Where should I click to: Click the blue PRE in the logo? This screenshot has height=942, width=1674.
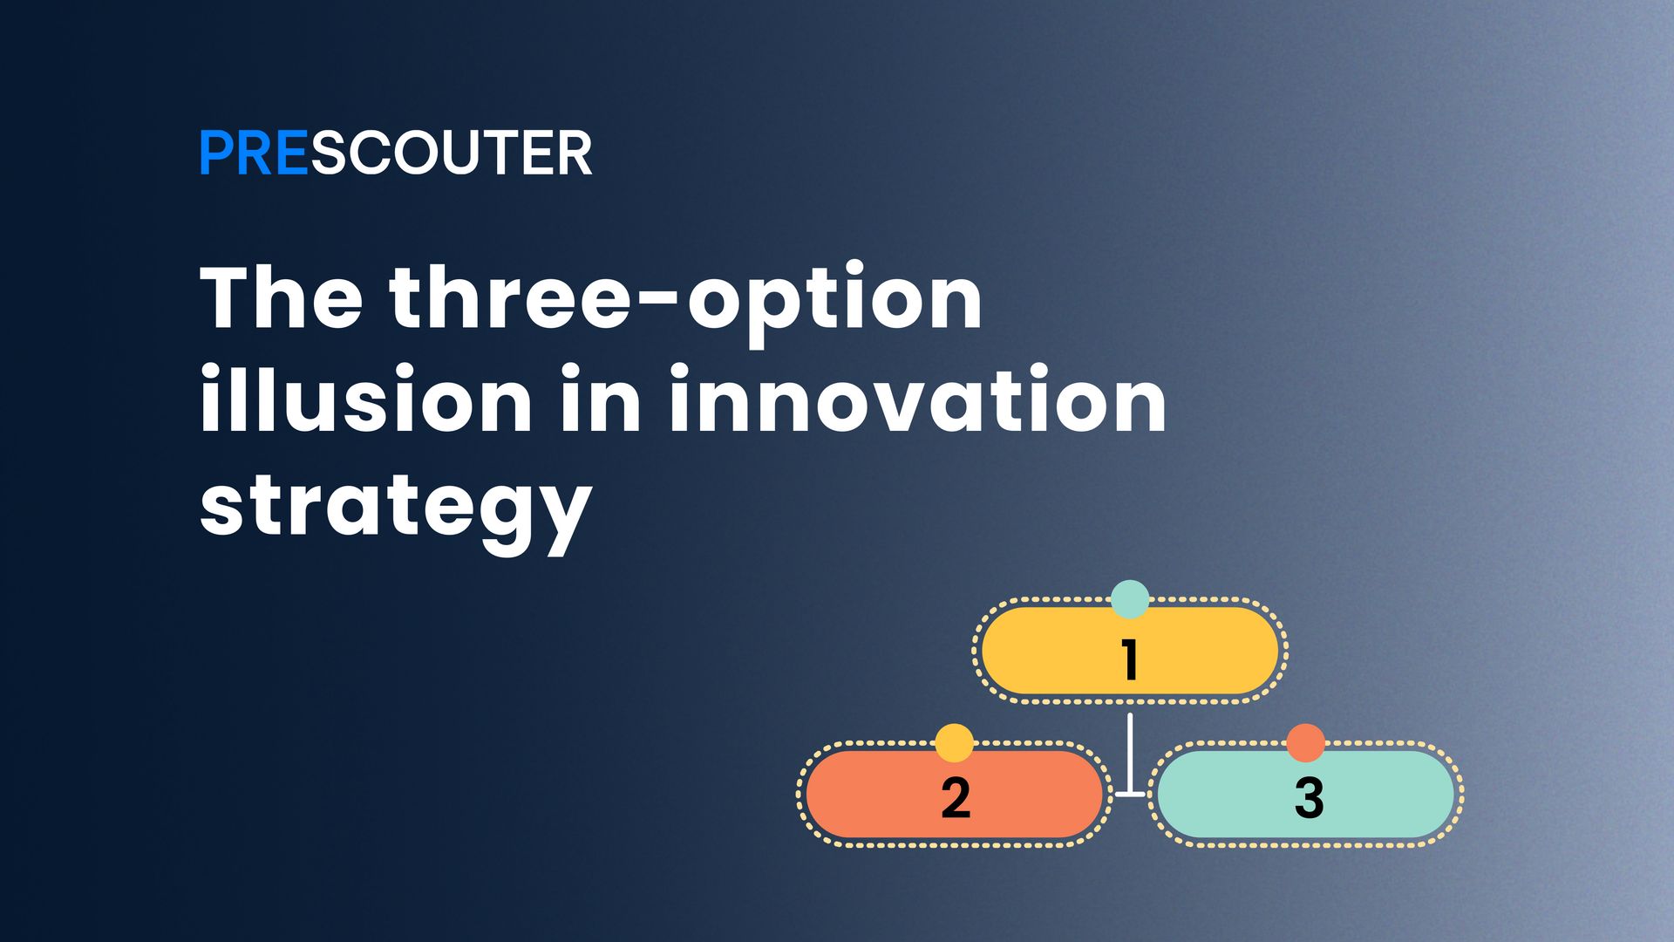[x=254, y=154]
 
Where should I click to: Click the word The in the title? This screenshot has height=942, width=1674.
[x=281, y=297]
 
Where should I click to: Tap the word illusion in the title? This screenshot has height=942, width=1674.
[x=365, y=399]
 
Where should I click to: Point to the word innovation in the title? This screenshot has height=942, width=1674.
[x=917, y=399]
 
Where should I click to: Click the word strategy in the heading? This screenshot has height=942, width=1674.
[x=396, y=508]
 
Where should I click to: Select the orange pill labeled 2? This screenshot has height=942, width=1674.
[x=872, y=795]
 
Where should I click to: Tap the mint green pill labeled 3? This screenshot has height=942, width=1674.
[x=1386, y=795]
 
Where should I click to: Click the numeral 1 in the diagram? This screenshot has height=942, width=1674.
[x=1130, y=659]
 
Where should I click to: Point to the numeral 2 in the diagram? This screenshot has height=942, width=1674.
[x=956, y=796]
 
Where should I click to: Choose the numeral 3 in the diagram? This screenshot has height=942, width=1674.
[x=1309, y=796]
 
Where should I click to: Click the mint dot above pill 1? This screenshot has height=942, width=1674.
[x=1130, y=599]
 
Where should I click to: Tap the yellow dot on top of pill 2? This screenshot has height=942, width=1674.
[x=954, y=743]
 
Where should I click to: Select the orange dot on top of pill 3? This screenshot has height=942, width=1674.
[x=1306, y=743]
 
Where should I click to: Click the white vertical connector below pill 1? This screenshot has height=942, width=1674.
[x=1130, y=750]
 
